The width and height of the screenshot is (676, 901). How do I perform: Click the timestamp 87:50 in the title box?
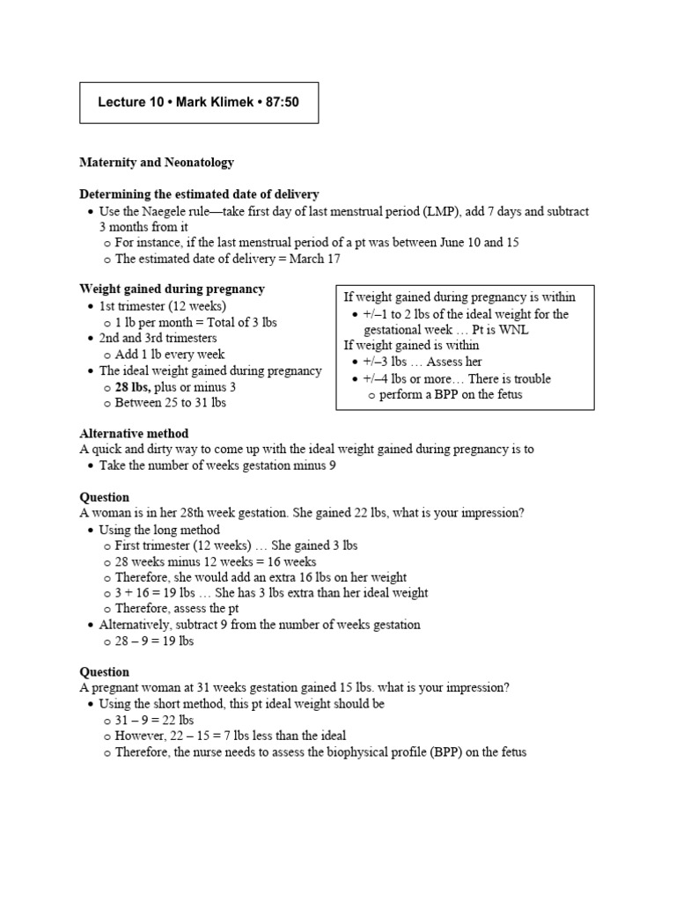(x=282, y=102)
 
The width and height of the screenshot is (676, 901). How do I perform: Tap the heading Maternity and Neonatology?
(x=157, y=163)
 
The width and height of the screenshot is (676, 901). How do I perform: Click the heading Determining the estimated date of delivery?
(x=199, y=194)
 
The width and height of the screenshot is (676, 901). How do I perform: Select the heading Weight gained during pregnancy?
(x=172, y=289)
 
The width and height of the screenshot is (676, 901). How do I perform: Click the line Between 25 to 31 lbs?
(x=170, y=402)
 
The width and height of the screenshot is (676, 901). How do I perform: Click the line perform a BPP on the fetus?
(x=451, y=394)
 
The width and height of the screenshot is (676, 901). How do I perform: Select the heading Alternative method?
(x=134, y=433)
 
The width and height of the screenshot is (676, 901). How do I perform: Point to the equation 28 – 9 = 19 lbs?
(x=154, y=641)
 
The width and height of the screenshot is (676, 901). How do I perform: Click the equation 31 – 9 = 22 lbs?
(x=154, y=720)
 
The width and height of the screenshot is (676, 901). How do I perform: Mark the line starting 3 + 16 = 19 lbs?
(x=271, y=592)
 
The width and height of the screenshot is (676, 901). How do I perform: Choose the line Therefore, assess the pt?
(x=177, y=608)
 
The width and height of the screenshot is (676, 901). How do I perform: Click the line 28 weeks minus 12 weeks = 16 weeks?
(x=216, y=561)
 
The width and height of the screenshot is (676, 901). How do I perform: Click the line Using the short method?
(x=241, y=704)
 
